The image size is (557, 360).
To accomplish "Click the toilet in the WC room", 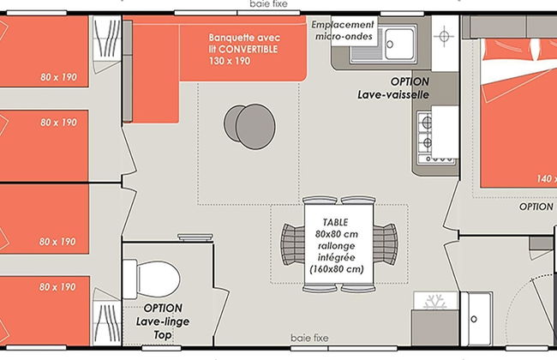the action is coord(152,279).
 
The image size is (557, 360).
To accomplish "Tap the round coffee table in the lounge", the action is coord(249,126).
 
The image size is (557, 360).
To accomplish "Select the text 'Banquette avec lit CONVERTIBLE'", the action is coord(244,43).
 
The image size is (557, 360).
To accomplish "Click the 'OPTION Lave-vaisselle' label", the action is coord(393,88).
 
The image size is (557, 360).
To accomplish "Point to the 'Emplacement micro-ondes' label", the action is coord(343,30).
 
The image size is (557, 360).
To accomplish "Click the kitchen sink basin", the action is coord(400,44).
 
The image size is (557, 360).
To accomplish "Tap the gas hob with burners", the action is coord(437,137).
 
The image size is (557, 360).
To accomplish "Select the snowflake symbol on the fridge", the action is coord(435,302).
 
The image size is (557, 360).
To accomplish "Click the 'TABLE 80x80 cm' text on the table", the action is coord(336,228).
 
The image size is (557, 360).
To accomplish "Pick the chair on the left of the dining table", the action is coord(293,244).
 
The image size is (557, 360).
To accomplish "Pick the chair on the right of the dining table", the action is coord(386,244).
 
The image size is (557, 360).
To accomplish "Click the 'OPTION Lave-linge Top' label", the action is coord(163,321).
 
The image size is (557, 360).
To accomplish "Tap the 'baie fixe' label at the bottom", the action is coord(309,338).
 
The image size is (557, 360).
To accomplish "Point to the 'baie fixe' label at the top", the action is coord(268,4).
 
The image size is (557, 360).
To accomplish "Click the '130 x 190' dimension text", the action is coord(230,61).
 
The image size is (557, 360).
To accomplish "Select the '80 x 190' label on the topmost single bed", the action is coord(58,77).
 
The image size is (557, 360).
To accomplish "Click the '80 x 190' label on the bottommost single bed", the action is coord(57,287).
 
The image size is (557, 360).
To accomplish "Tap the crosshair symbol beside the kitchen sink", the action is coord(444,36).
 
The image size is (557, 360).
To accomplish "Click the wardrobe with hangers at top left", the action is coord(107,45).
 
